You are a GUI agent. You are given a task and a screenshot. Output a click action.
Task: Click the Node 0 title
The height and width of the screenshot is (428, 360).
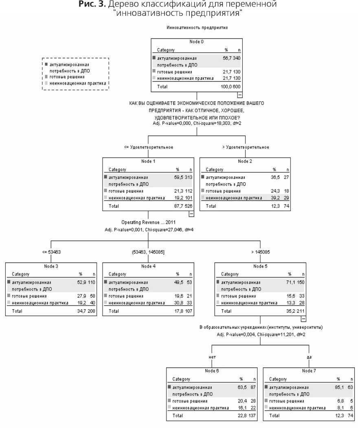[x=196, y=42]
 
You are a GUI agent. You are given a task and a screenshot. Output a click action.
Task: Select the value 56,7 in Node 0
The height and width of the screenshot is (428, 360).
[x=226, y=59]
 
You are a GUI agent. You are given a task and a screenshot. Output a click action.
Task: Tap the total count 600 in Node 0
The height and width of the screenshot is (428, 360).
[x=237, y=87]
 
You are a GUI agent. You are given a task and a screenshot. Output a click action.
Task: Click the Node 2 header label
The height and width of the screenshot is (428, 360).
[x=245, y=161]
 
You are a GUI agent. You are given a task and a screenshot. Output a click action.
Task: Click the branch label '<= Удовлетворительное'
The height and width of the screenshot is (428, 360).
[x=148, y=147]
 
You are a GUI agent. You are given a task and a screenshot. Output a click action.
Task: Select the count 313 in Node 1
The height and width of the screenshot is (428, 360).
[x=189, y=177]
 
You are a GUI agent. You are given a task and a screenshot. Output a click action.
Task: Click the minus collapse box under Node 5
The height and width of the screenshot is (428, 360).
[x=303, y=319]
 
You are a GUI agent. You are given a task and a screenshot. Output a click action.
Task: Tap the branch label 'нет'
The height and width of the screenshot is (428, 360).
[x=212, y=357]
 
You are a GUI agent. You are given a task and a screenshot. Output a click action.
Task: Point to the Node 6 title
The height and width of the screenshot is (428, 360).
[x=212, y=371]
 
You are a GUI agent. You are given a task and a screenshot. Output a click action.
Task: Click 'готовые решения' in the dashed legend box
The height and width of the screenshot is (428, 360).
[x=67, y=76]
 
